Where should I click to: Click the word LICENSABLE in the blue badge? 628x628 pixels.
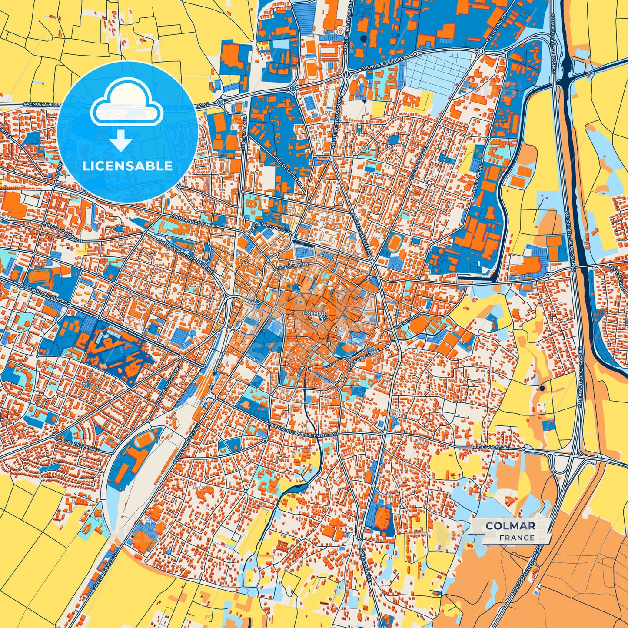pyautogui.click(x=128, y=166)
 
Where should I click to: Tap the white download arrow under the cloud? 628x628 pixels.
pyautogui.click(x=121, y=141)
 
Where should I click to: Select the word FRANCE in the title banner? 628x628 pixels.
pyautogui.click(x=517, y=538)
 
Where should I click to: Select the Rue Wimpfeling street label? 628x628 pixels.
pyautogui.click(x=80, y=445)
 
